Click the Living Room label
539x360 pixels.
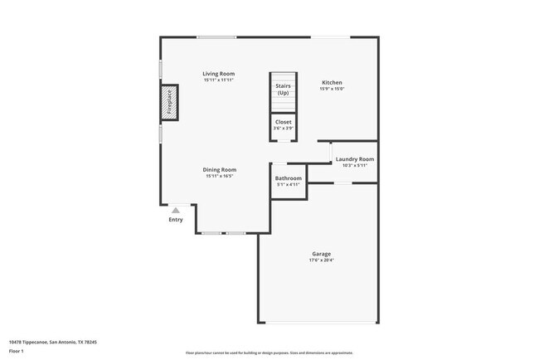click(219, 74)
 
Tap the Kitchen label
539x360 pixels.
click(332, 82)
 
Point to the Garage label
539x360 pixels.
click(322, 253)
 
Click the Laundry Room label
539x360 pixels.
click(355, 158)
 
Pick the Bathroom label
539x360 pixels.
click(289, 178)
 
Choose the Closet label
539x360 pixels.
click(284, 122)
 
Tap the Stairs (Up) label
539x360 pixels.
click(284, 89)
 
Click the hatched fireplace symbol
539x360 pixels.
click(169, 103)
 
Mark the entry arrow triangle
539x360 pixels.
click(176, 211)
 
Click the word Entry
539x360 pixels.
click(176, 220)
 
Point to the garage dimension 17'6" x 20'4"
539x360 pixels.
click(322, 260)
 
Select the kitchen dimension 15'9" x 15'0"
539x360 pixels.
click(332, 89)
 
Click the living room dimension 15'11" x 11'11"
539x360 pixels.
click(219, 80)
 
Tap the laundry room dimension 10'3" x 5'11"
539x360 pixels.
click(355, 165)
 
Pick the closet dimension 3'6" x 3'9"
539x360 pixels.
click(284, 129)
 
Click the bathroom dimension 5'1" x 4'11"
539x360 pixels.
click(289, 185)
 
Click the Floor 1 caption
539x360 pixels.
click(17, 352)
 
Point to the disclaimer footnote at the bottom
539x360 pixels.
click(269, 353)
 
